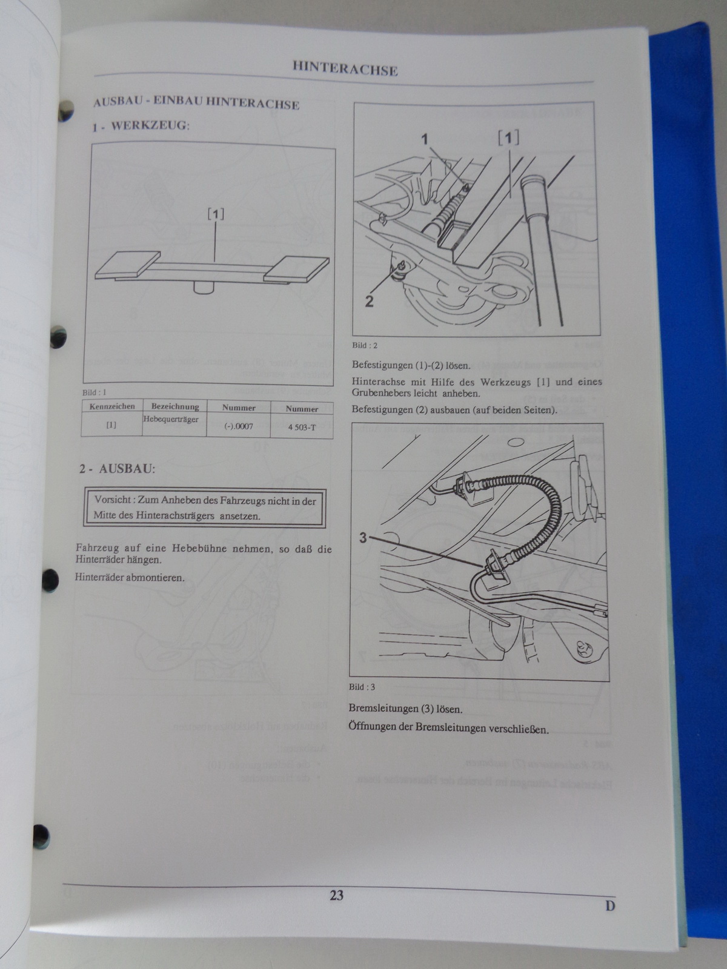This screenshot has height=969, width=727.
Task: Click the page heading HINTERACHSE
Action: tap(345, 68)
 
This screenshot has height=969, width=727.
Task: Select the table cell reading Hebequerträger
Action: tap(170, 419)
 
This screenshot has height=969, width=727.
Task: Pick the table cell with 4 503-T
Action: tap(302, 427)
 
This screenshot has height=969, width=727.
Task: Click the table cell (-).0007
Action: tap(238, 426)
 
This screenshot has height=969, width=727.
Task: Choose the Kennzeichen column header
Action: tap(112, 406)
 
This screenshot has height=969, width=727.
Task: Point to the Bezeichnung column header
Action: tap(175, 406)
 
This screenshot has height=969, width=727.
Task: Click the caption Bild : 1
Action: tap(94, 392)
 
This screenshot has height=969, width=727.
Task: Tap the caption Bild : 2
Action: tap(365, 345)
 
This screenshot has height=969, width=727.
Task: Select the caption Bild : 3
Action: tap(362, 687)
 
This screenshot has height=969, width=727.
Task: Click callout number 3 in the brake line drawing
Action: tap(363, 538)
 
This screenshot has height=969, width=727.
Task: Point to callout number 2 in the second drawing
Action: tap(369, 302)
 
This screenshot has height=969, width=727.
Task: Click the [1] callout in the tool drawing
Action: tap(216, 214)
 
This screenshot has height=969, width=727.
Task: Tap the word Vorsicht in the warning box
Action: tap(113, 500)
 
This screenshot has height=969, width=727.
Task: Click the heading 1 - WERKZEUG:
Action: tap(141, 126)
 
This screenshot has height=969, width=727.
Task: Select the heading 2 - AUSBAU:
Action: tap(118, 468)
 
